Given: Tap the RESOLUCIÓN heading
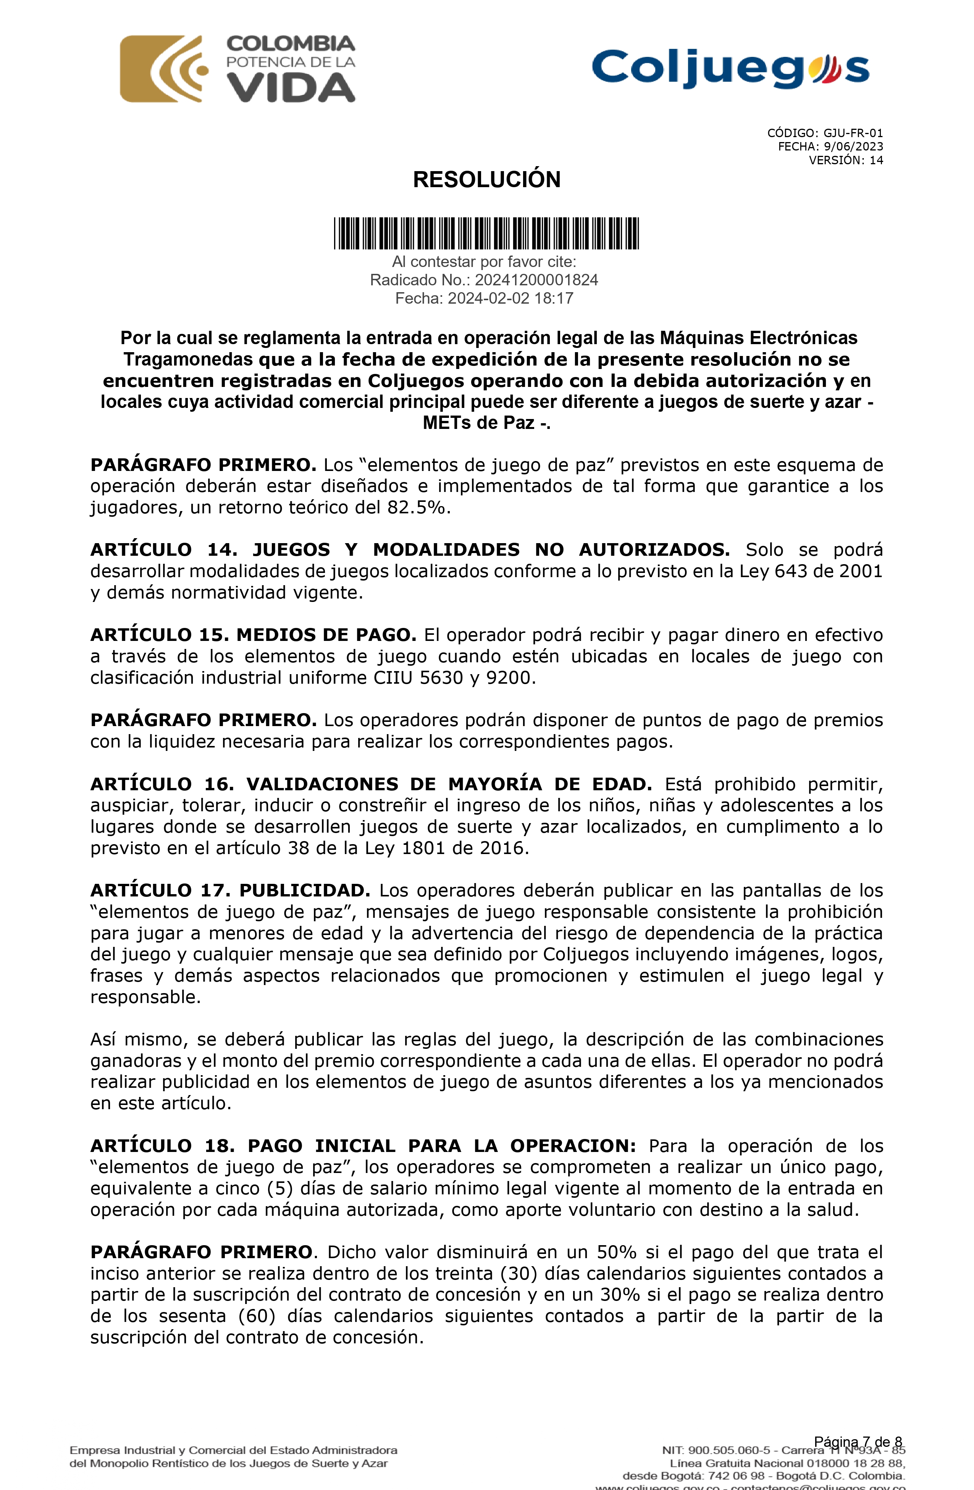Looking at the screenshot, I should (486, 180).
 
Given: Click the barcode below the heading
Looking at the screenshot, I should (486, 233).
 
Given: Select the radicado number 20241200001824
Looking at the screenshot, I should (536, 280).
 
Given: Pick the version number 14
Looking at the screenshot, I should (876, 160).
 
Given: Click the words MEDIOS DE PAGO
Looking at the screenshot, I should (326, 635).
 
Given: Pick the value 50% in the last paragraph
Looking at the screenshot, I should (617, 1252).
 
